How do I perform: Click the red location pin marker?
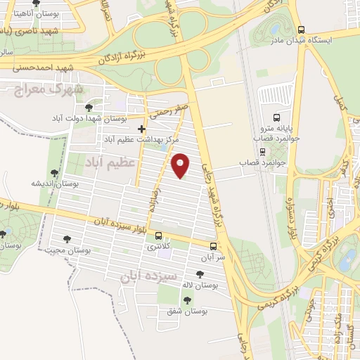pyautogui.click(x=181, y=165)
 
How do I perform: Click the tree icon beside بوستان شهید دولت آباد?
pyautogui.click(x=88, y=108)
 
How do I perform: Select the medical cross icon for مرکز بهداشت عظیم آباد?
pyautogui.click(x=142, y=129)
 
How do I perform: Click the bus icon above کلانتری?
pyautogui.click(x=159, y=236)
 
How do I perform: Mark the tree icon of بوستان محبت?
pyautogui.click(x=67, y=239)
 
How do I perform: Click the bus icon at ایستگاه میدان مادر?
pyautogui.click(x=302, y=30)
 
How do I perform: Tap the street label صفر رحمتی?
pyautogui.click(x=167, y=108)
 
